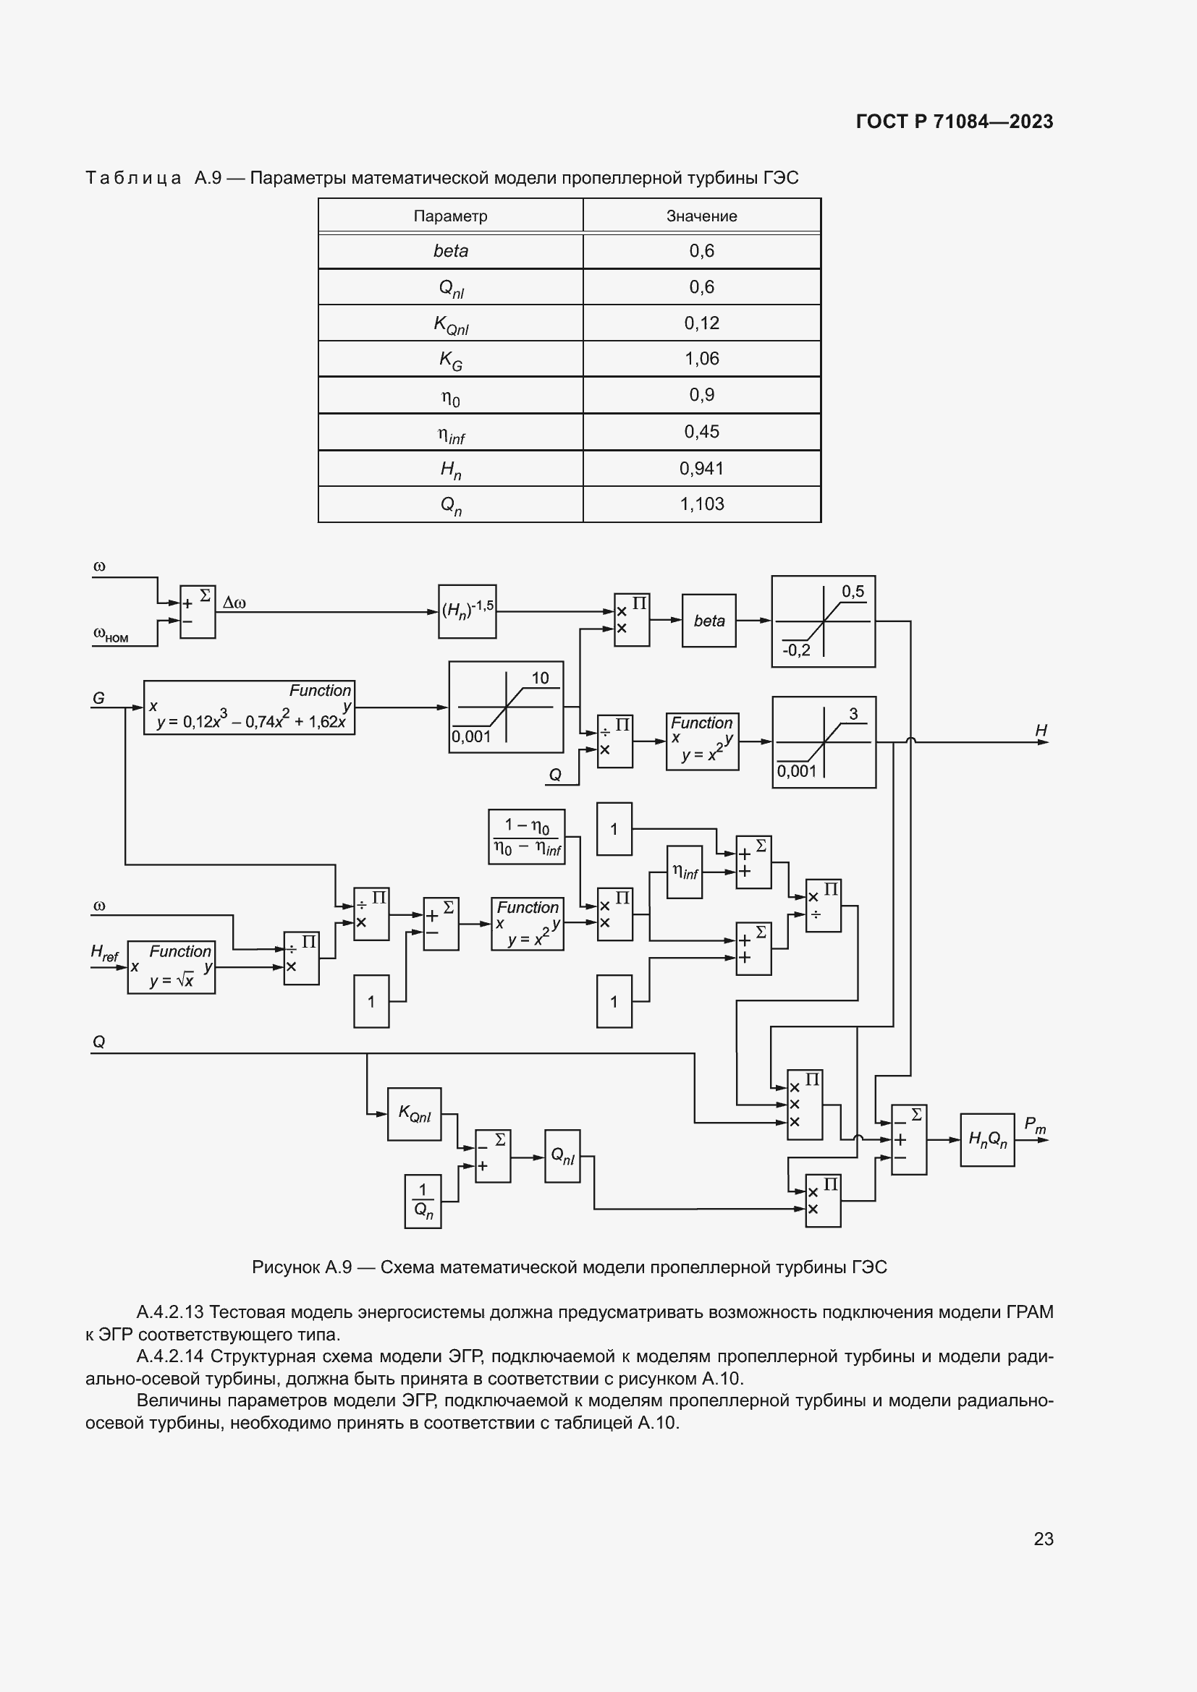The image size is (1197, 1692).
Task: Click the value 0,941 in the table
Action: pos(701,468)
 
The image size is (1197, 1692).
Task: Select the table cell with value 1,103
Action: pos(701,504)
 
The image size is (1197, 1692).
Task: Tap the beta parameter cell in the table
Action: pos(450,251)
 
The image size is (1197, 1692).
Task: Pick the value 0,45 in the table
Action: pos(701,432)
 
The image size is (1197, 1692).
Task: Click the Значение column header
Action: pos(701,216)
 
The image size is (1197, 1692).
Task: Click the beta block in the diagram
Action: pos(709,621)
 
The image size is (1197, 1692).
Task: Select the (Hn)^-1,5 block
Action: pos(468,611)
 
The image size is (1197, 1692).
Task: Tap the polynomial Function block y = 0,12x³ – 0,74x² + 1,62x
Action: pos(249,707)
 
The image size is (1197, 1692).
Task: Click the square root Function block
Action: pos(171,967)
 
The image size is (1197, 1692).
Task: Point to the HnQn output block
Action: pos(987,1139)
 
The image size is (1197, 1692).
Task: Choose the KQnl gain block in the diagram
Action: pos(414,1113)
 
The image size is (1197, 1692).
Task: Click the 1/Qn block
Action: pos(423,1202)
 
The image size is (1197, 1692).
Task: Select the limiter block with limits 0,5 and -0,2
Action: pos(823,621)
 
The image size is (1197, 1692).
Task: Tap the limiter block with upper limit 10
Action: pos(506,707)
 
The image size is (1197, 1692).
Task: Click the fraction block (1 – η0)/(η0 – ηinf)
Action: pos(527,836)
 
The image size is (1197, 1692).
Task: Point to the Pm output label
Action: pos(1034,1125)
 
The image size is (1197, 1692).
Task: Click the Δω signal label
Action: pos(234,603)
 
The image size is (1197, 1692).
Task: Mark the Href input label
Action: pos(104,952)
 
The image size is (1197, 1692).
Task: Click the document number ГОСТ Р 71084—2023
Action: pos(955,122)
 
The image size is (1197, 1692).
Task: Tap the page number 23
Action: pos(1043,1538)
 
